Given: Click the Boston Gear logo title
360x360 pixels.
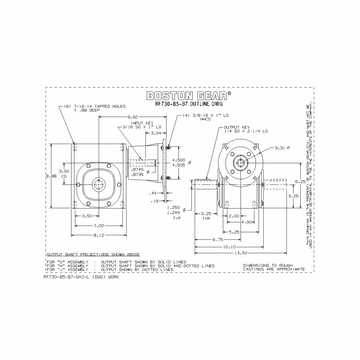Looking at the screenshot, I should pos(189,96).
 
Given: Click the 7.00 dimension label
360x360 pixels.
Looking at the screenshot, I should pos(99,226).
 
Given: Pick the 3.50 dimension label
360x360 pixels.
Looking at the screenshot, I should pos(87,216).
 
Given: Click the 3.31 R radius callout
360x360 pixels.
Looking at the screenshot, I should pos(282,148).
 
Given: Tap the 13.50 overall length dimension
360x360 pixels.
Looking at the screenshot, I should pos(240,253).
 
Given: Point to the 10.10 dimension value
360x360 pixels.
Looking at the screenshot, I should pos(229,247).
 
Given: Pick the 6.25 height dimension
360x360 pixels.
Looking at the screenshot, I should pos(300,181).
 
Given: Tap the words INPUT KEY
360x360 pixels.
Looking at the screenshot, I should pos(142,123).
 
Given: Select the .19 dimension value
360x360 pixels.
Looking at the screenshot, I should pos(154,201).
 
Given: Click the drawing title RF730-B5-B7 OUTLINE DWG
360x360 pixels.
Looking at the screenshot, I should pos(189,104).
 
